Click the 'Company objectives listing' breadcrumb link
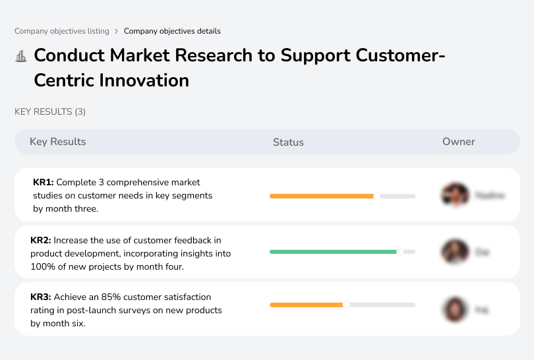point(62,31)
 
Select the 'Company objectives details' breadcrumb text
point(172,31)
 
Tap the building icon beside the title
point(21,56)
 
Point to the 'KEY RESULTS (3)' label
point(50,112)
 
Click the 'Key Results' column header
point(58,142)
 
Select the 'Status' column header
point(288,142)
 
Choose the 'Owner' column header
point(459,142)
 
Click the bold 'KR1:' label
point(43,182)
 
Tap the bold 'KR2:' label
point(41,240)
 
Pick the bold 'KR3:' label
point(41,297)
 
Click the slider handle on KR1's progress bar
point(377,196)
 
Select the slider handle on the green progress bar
point(400,252)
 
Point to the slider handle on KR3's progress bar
point(346,305)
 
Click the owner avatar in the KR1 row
point(454,195)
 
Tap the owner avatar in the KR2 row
point(454,252)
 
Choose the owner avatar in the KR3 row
point(454,309)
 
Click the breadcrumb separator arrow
point(117,31)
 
